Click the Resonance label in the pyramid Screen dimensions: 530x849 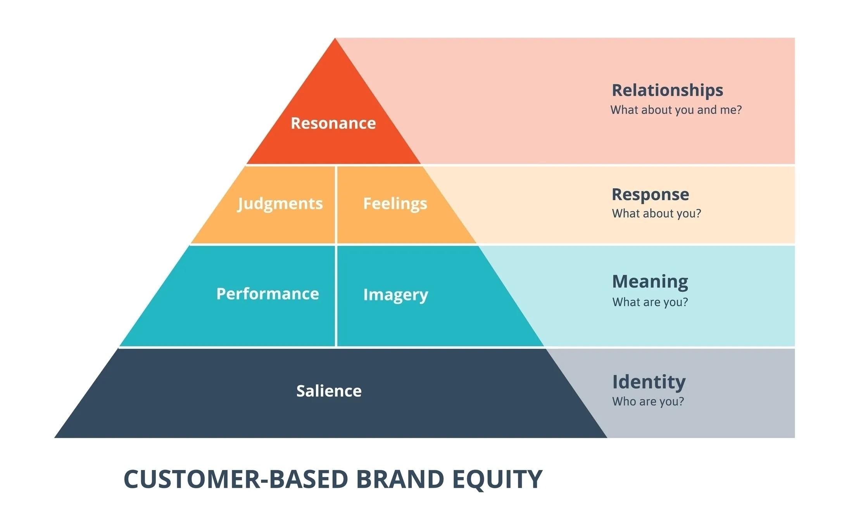(333, 123)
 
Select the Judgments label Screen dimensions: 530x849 (280, 204)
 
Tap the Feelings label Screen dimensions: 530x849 (395, 204)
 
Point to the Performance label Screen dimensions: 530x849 (267, 294)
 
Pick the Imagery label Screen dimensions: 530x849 (395, 295)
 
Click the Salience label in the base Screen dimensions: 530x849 (329, 391)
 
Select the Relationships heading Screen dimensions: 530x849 (667, 90)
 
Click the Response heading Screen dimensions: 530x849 (650, 194)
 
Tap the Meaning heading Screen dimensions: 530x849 (650, 281)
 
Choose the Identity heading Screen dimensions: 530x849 (649, 382)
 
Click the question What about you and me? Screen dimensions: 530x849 (676, 110)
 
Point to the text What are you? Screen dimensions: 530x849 (650, 302)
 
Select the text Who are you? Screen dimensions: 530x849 (648, 401)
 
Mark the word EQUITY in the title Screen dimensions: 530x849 (497, 479)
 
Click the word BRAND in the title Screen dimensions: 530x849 (400, 479)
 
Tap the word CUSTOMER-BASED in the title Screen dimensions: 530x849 (236, 479)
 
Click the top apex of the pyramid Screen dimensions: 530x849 (335, 39)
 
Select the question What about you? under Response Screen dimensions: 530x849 (656, 214)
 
